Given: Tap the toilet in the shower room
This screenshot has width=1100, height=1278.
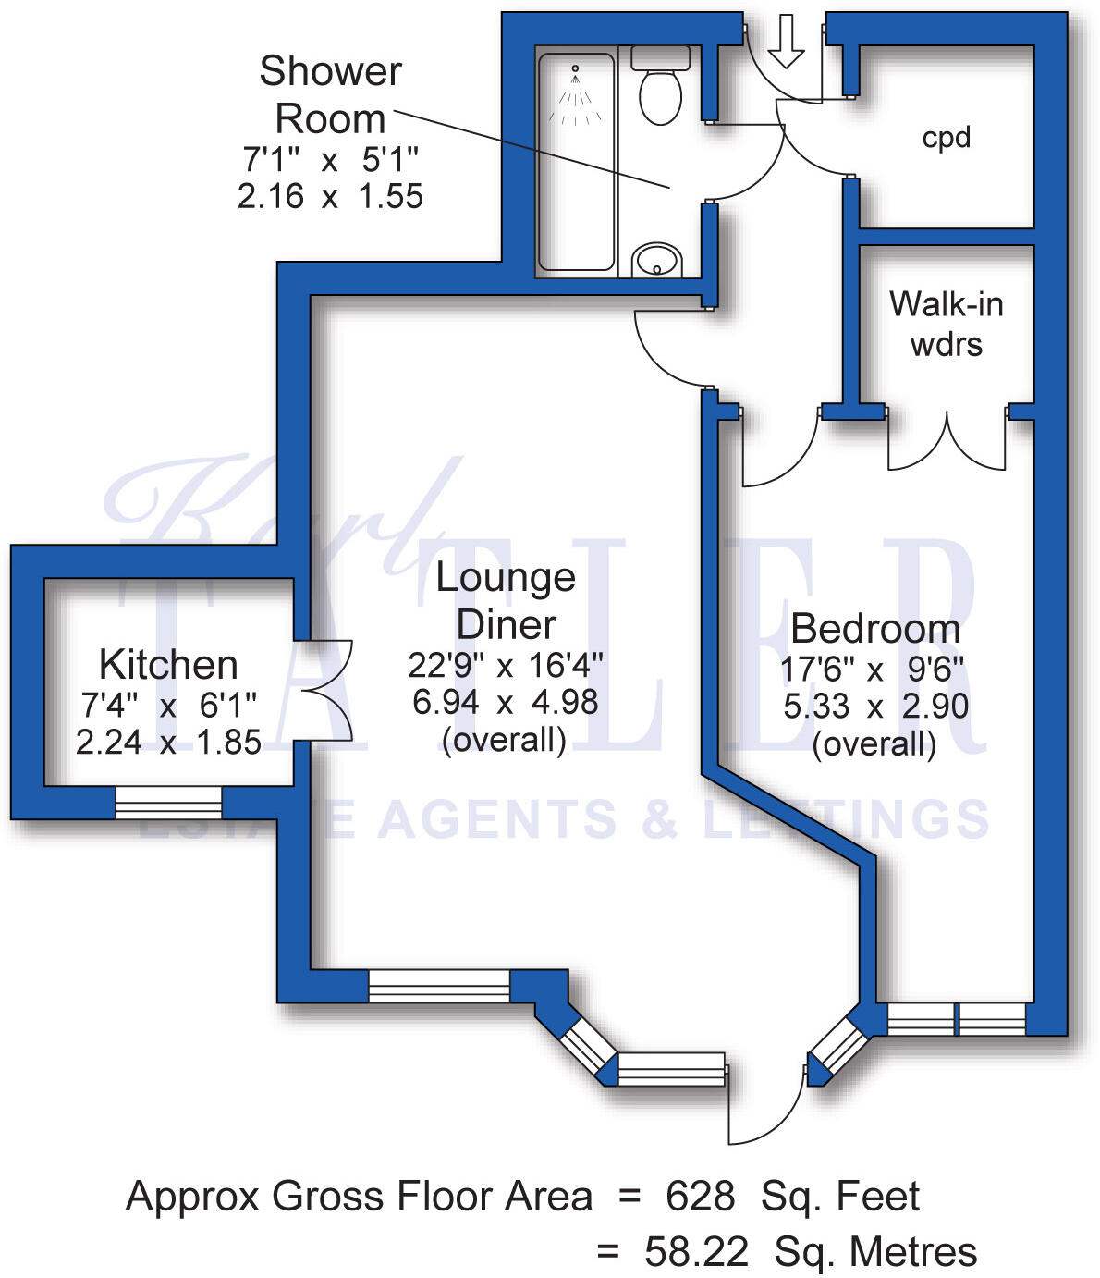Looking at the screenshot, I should (660, 88).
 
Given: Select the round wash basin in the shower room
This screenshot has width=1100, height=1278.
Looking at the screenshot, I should (657, 259).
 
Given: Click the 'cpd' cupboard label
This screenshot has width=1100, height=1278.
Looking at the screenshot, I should (947, 138).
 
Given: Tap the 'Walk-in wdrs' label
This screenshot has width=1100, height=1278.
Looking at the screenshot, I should (947, 324).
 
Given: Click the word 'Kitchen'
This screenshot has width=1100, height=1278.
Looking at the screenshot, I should (168, 665).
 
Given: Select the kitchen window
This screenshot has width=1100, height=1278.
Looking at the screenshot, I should (168, 802).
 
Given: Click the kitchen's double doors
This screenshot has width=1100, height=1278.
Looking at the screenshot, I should (324, 690).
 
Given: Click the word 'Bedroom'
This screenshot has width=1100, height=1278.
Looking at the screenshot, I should (875, 629).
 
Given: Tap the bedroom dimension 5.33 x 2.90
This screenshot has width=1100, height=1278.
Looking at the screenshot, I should (875, 707).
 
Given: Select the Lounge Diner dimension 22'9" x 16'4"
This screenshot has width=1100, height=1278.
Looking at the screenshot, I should (506, 665).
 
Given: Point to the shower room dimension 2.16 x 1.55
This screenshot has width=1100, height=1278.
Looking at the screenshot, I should (330, 196).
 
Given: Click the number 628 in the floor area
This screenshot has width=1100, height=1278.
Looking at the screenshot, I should (700, 1197).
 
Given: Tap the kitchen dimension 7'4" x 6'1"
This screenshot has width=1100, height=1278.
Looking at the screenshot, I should (168, 706).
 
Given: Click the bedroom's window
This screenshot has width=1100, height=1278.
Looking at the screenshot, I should (957, 1019).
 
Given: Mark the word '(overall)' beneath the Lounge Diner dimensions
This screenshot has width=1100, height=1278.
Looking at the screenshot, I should (504, 740).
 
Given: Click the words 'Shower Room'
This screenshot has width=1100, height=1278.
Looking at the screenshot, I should (330, 95).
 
